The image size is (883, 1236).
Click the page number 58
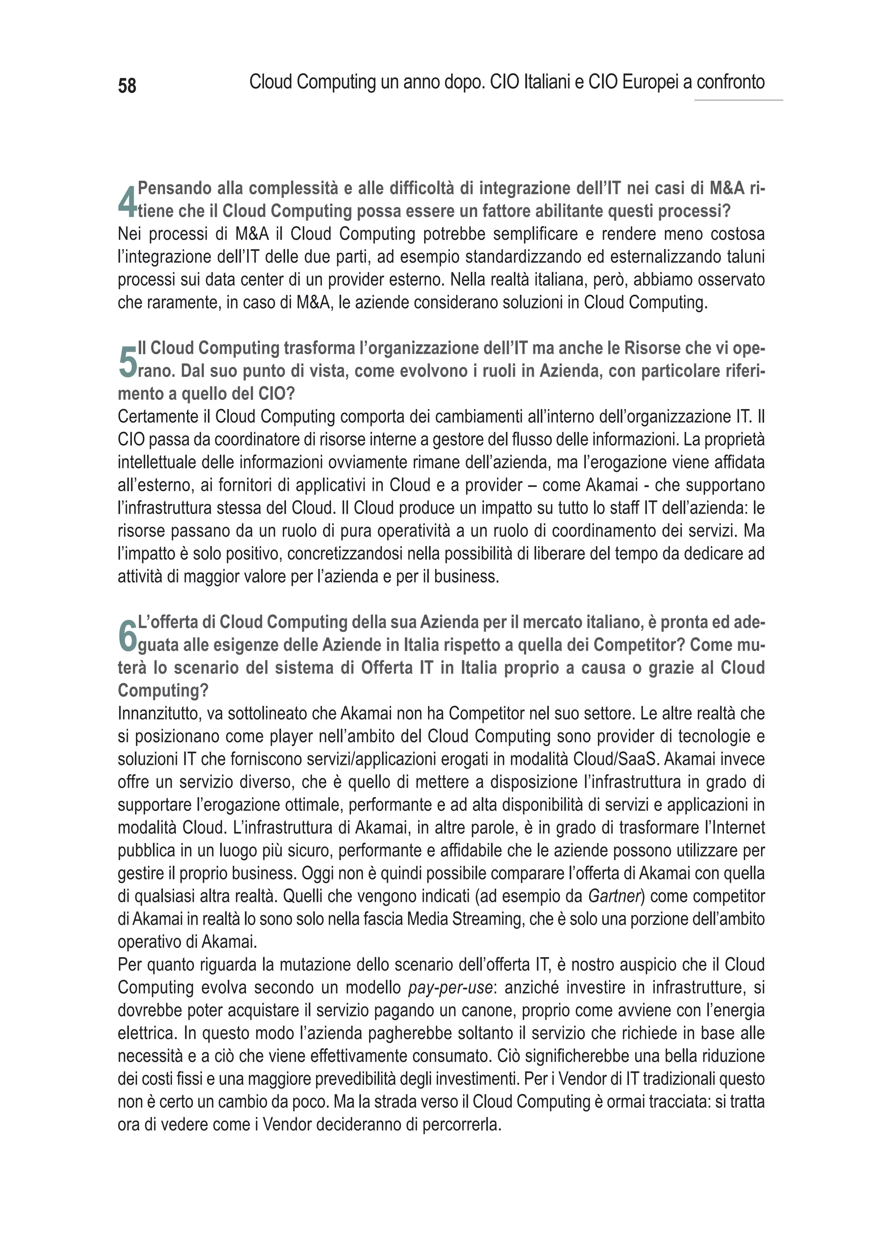coord(127,86)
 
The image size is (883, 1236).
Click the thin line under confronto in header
coord(739,100)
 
